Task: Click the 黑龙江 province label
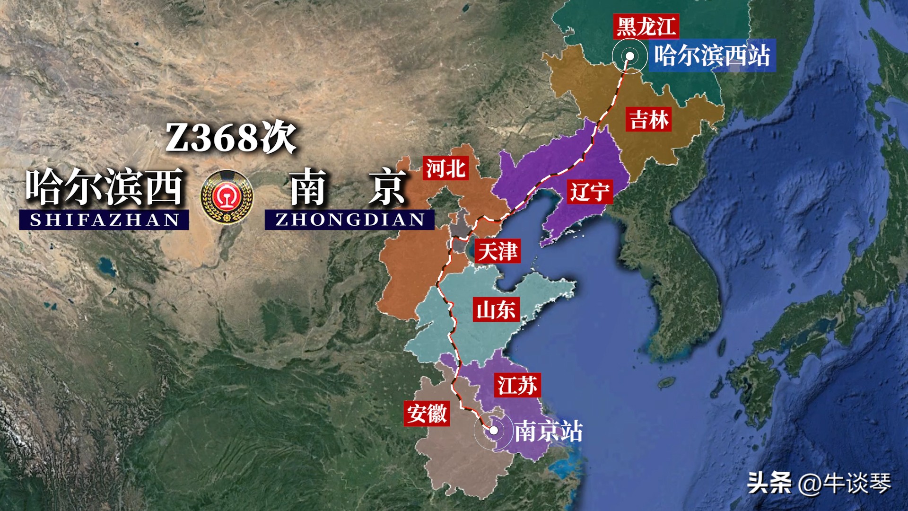[646, 26]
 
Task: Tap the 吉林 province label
[649, 120]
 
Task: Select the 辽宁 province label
[589, 192]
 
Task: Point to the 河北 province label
[445, 168]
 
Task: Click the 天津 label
[498, 251]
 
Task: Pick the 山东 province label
[496, 310]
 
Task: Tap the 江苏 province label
[517, 385]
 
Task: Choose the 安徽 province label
[427, 414]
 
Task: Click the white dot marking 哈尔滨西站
[630, 56]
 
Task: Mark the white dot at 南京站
[493, 430]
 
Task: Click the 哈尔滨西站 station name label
[712, 55]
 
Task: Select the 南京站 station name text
[549, 431]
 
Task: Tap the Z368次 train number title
[231, 138]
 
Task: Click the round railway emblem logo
[227, 197]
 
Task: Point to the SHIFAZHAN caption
[104, 220]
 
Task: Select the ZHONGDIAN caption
[349, 220]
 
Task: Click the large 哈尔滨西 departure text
[105, 187]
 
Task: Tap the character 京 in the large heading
[387, 188]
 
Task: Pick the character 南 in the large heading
[308, 188]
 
